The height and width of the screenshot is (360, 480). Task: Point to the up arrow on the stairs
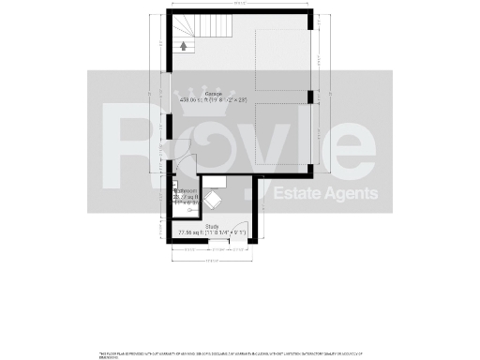point(184,43)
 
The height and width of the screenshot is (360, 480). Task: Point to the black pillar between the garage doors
point(309,97)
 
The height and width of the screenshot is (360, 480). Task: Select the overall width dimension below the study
point(213,260)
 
